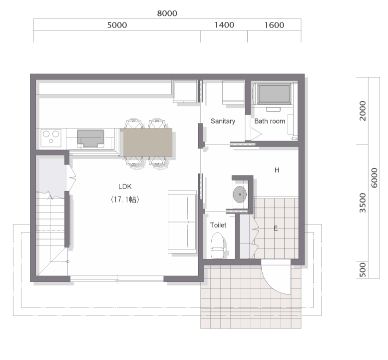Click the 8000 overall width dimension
point(167,13)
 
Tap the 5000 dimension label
point(117,25)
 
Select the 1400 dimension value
point(224,25)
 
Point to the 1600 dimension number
point(274,25)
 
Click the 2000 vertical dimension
point(362,111)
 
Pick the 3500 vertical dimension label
point(362,202)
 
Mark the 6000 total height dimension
point(375,177)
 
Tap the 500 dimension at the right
point(362,270)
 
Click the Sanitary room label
point(223,121)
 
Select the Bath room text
point(270,121)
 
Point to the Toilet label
point(218,225)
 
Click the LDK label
point(125,186)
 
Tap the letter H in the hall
point(277,170)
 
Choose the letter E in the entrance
point(276,228)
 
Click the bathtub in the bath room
point(274,94)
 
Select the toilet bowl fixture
point(218,245)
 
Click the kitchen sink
point(90,138)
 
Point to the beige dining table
point(146,142)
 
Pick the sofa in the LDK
point(182,222)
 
